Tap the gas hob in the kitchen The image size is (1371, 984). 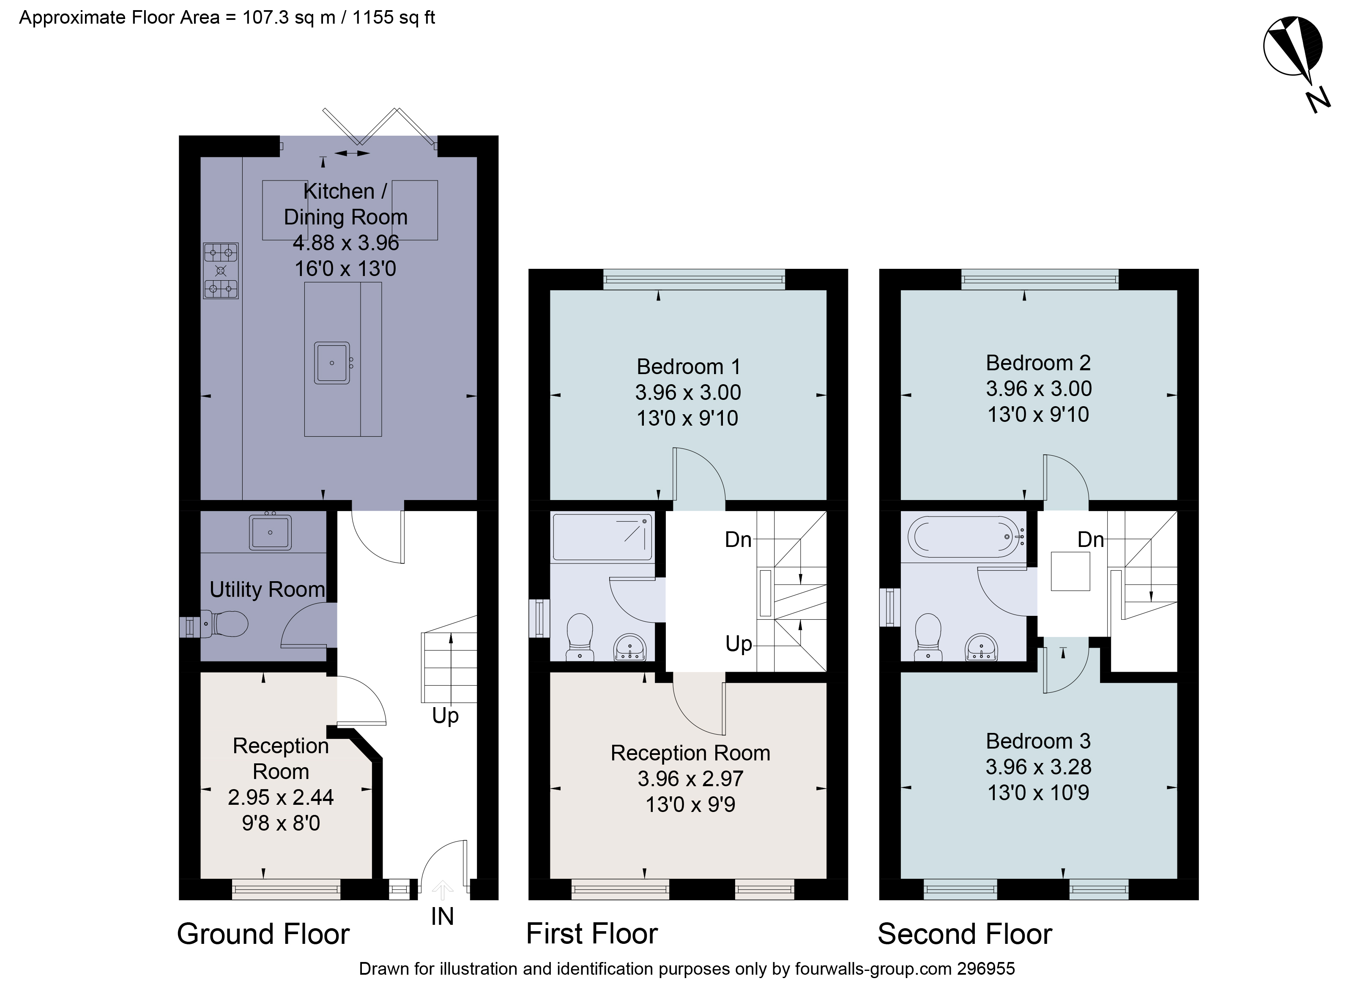[221, 271]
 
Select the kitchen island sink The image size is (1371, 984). [332, 363]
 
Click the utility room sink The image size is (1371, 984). [270, 532]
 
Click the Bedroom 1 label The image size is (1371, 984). [688, 367]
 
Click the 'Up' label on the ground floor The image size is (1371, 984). [446, 716]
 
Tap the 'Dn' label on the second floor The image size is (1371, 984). [1091, 540]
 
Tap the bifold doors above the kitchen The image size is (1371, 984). [379, 127]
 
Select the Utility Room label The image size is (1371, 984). [267, 589]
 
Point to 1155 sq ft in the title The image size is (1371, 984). [394, 17]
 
